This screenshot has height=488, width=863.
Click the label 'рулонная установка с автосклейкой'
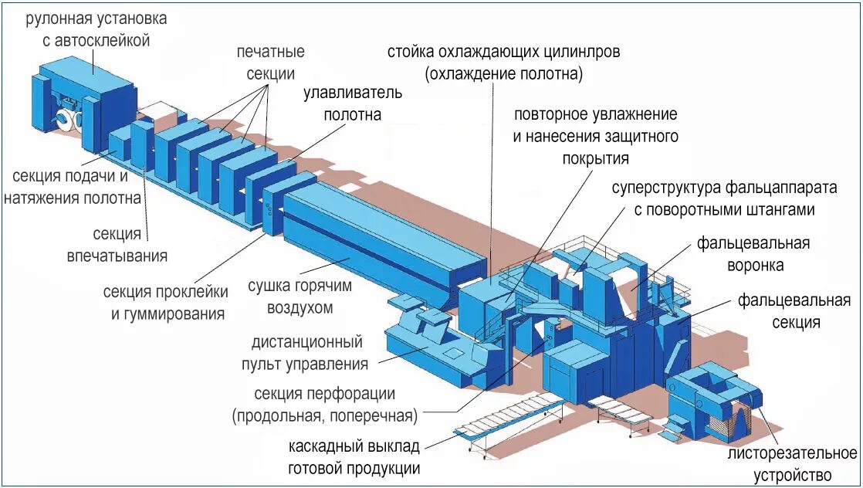tap(96, 29)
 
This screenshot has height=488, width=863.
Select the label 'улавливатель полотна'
tap(352, 103)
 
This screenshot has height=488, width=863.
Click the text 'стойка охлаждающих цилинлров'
tap(503, 53)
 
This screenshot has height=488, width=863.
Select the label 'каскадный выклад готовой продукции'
tap(354, 457)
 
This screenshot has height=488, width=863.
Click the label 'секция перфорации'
tap(328, 395)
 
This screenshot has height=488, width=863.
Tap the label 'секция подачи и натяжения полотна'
tap(73, 186)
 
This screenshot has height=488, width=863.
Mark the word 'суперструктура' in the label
tap(663, 188)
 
